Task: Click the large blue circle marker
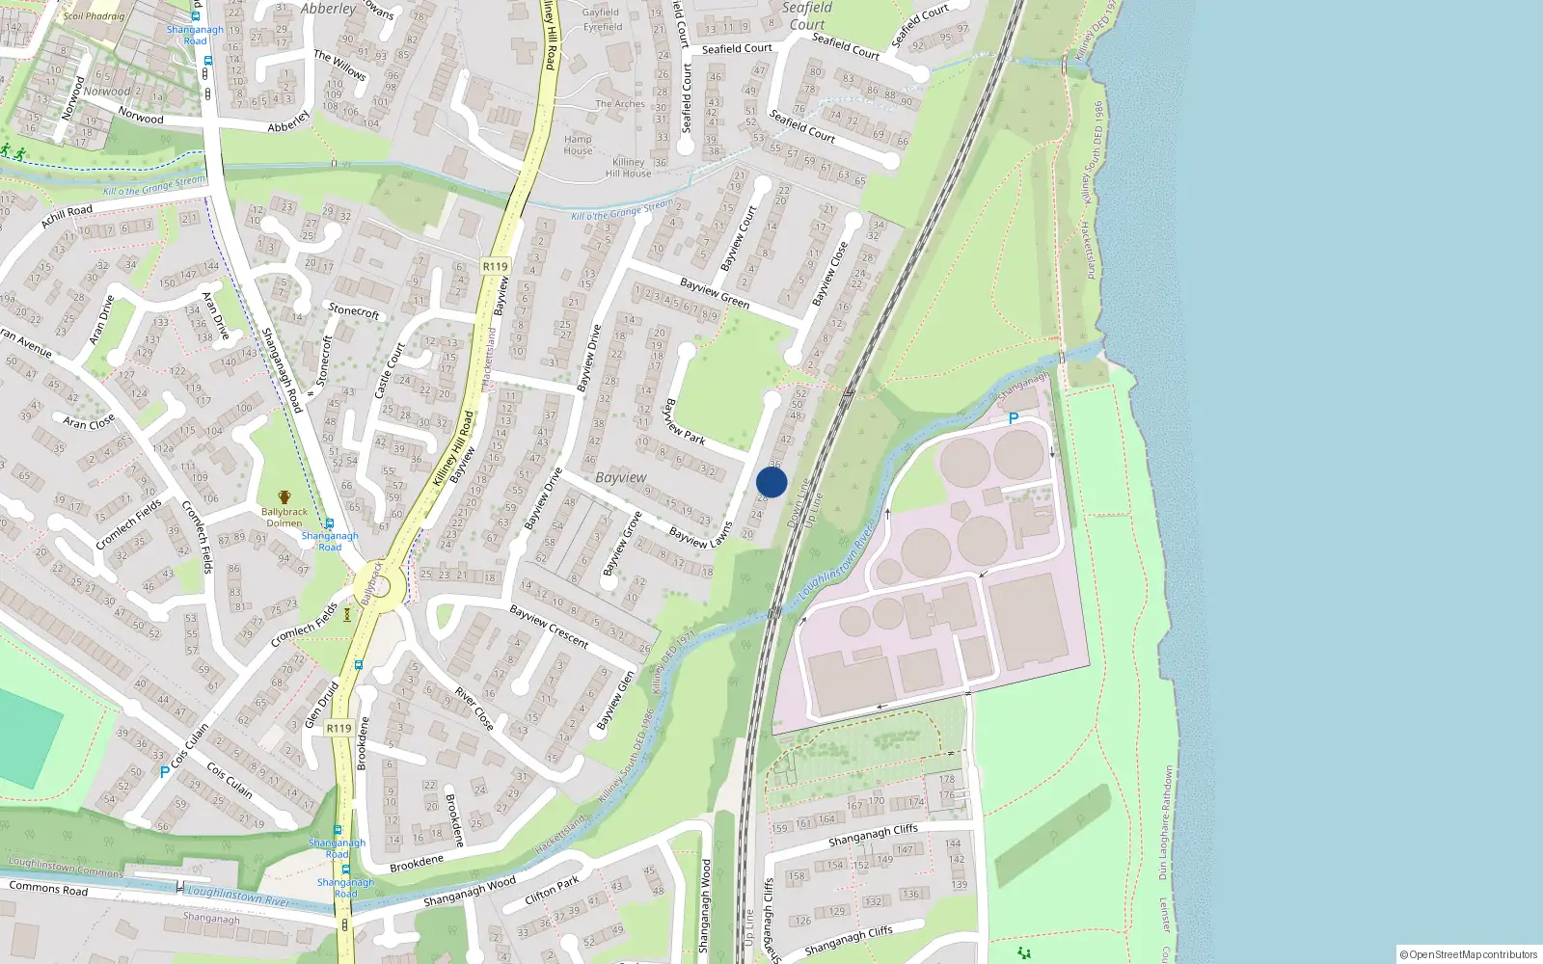point(771,482)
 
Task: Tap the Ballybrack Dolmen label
point(284,517)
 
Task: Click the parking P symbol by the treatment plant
point(1013,418)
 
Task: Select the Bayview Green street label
point(715,293)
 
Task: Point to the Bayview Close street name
point(829,274)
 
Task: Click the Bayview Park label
point(685,421)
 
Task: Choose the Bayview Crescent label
point(549,627)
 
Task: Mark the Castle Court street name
point(390,370)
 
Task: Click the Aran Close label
point(89,422)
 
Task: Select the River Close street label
point(474,708)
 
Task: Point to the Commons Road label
point(48,888)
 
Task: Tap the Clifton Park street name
point(553,889)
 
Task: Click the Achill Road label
point(67,217)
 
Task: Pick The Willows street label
point(339,65)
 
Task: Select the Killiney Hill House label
point(628,168)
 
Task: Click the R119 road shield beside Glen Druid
point(338,728)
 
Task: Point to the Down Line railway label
point(798,503)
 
